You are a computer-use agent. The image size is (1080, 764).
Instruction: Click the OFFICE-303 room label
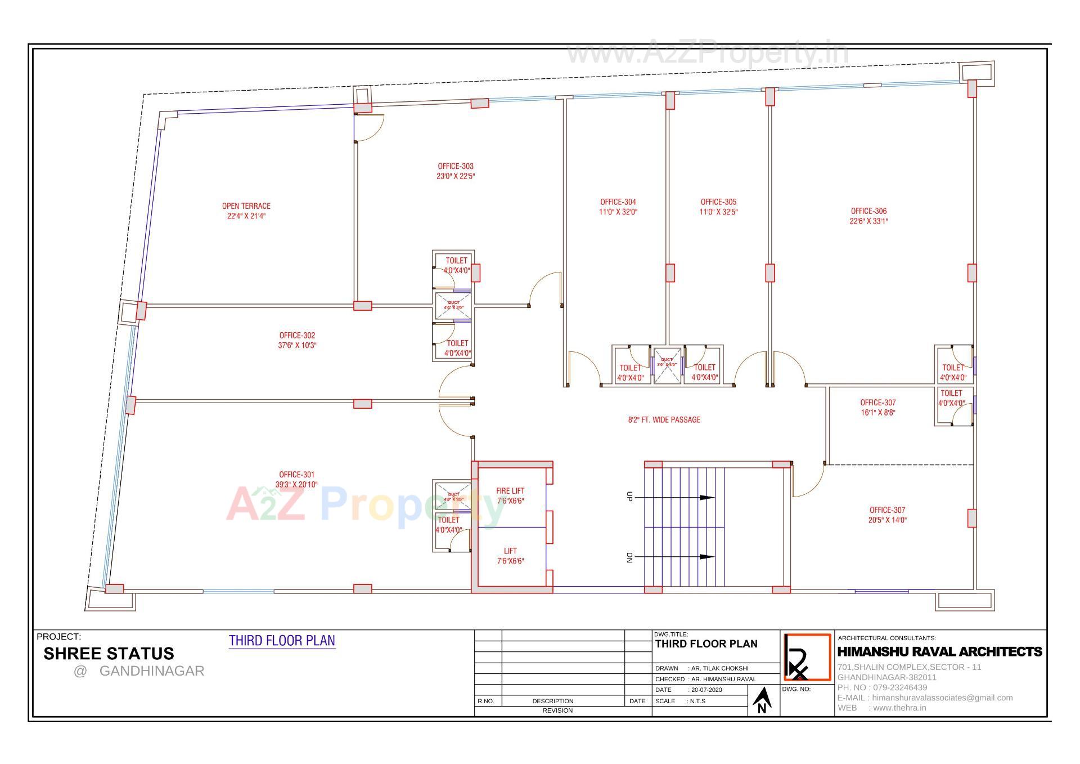[456, 167]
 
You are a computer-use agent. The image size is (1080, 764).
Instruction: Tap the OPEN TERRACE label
[246, 207]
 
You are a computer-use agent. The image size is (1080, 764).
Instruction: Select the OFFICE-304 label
[618, 202]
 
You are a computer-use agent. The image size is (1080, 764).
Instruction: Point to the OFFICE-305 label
[718, 202]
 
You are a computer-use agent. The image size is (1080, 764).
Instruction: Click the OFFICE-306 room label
[868, 212]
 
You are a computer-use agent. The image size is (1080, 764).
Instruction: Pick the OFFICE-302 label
[297, 336]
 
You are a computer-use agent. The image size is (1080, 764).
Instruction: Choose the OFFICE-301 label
[296, 475]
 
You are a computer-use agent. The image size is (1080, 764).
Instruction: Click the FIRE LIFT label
[510, 491]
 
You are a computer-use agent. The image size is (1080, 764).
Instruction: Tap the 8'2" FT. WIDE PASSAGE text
[664, 419]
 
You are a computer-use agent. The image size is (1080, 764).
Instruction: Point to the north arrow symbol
[762, 700]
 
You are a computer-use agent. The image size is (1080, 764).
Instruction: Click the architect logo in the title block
[807, 658]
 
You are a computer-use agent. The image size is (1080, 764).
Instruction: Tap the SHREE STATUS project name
[109, 654]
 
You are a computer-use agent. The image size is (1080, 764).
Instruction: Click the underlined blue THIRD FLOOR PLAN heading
[282, 641]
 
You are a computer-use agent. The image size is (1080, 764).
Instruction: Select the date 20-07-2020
[706, 690]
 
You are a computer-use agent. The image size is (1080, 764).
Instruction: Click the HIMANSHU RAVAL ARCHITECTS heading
[939, 652]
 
